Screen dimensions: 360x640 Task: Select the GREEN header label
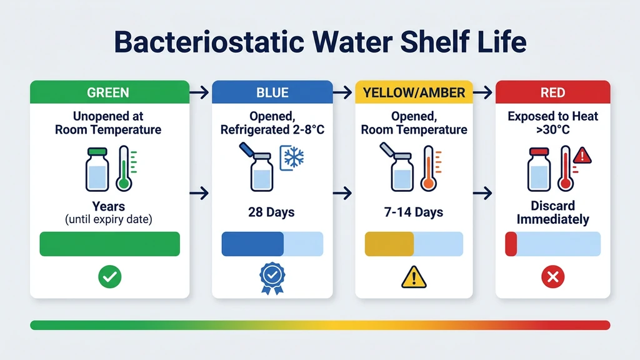[x=108, y=92]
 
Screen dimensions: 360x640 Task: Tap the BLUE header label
[x=272, y=92]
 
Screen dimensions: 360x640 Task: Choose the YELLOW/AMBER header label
[x=414, y=92]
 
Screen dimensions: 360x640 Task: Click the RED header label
[x=552, y=92]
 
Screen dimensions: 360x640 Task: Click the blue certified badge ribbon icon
[x=272, y=278]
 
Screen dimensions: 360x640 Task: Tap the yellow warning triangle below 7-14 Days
[x=414, y=277]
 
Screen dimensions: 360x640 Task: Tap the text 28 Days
[x=271, y=212]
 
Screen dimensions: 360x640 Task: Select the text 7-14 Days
[x=413, y=212]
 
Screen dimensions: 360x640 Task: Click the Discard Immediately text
[x=552, y=212]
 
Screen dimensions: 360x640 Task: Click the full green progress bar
[x=109, y=244]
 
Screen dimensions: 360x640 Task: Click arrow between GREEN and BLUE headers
[x=199, y=93]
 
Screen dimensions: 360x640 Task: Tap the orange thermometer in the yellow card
[x=428, y=168]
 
